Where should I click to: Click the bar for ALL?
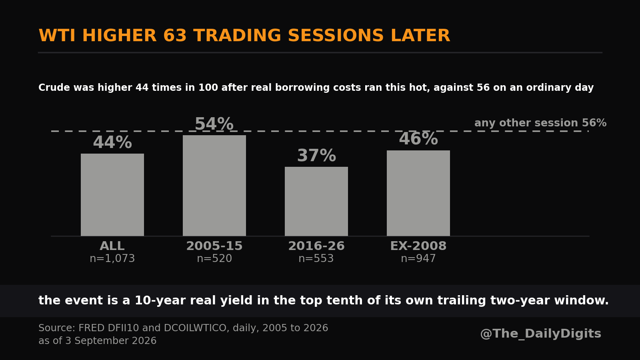click(x=112, y=195)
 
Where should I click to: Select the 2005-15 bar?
click(x=214, y=186)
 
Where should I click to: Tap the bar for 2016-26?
click(x=316, y=202)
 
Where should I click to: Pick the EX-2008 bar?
click(x=418, y=194)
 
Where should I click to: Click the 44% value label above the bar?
click(x=112, y=142)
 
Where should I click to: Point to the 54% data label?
click(x=214, y=124)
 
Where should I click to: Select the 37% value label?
click(x=316, y=156)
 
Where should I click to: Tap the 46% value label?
click(x=418, y=139)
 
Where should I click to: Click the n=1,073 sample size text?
click(x=112, y=258)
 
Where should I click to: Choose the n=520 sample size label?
click(x=214, y=258)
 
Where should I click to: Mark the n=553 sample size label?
click(x=316, y=258)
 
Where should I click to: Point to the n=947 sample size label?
click(x=418, y=258)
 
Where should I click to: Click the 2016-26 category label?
click(x=316, y=246)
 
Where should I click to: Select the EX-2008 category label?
click(x=418, y=246)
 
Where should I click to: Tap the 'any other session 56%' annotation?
click(x=540, y=123)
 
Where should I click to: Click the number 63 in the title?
click(x=175, y=36)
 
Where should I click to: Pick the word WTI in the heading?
click(x=57, y=36)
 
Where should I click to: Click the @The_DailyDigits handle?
click(x=540, y=334)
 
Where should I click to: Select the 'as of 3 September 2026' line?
click(x=98, y=341)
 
